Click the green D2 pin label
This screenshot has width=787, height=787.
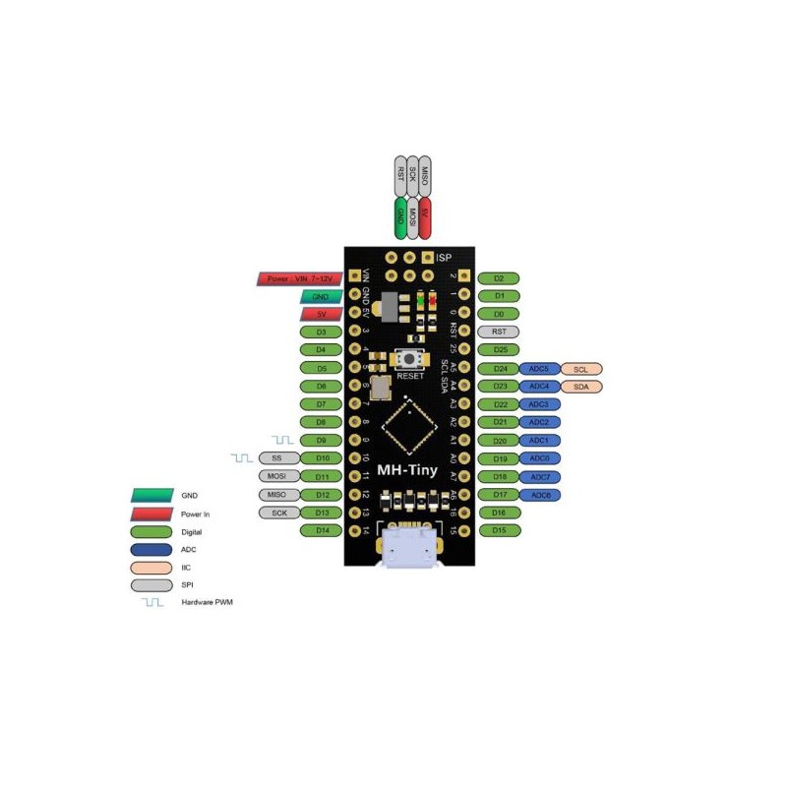(x=499, y=278)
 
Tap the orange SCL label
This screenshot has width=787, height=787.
(x=580, y=368)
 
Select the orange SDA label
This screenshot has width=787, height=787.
(x=580, y=387)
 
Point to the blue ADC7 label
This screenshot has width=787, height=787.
(x=540, y=477)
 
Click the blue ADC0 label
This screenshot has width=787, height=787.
(x=540, y=458)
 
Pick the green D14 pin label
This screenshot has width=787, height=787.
(x=322, y=530)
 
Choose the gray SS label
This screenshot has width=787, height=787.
(x=276, y=458)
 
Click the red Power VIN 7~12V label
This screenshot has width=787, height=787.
(x=299, y=278)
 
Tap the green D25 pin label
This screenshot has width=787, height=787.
(x=499, y=350)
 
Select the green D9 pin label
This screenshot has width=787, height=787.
(x=322, y=440)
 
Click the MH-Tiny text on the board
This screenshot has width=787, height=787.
(x=407, y=471)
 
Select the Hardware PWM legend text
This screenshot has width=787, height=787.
(x=208, y=601)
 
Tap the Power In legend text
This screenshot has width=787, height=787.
(x=195, y=514)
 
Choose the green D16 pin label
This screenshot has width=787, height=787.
(x=499, y=513)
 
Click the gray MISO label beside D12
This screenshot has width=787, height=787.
(x=276, y=495)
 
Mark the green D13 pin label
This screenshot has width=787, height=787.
(x=322, y=513)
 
